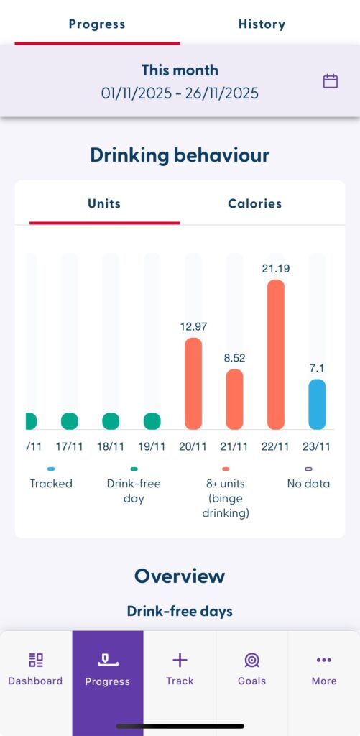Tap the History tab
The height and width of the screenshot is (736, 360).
tap(262, 24)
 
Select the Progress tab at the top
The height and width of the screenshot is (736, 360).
tap(97, 24)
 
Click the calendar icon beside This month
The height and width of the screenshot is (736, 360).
tap(330, 81)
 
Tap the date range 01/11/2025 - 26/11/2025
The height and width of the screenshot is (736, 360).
tap(180, 93)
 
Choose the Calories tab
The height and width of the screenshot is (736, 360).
tap(254, 203)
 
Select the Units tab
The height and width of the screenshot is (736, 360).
tap(104, 203)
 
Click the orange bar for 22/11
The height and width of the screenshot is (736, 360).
tap(276, 354)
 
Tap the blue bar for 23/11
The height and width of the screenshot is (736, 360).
tap(317, 404)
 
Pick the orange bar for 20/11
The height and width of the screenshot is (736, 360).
tap(193, 383)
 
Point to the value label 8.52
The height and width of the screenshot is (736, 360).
tap(235, 357)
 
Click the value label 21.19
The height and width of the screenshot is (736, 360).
tap(276, 268)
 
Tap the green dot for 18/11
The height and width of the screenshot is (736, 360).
tap(111, 421)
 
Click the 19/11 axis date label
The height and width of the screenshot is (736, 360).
tap(152, 446)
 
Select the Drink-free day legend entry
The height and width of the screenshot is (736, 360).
tap(134, 490)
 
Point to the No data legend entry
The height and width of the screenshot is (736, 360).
tap(308, 484)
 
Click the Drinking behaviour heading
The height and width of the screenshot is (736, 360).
tap(180, 155)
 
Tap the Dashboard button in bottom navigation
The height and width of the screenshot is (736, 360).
tap(35, 669)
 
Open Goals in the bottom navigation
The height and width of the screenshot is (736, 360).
tap(251, 669)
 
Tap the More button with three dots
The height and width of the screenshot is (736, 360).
tap(323, 669)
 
